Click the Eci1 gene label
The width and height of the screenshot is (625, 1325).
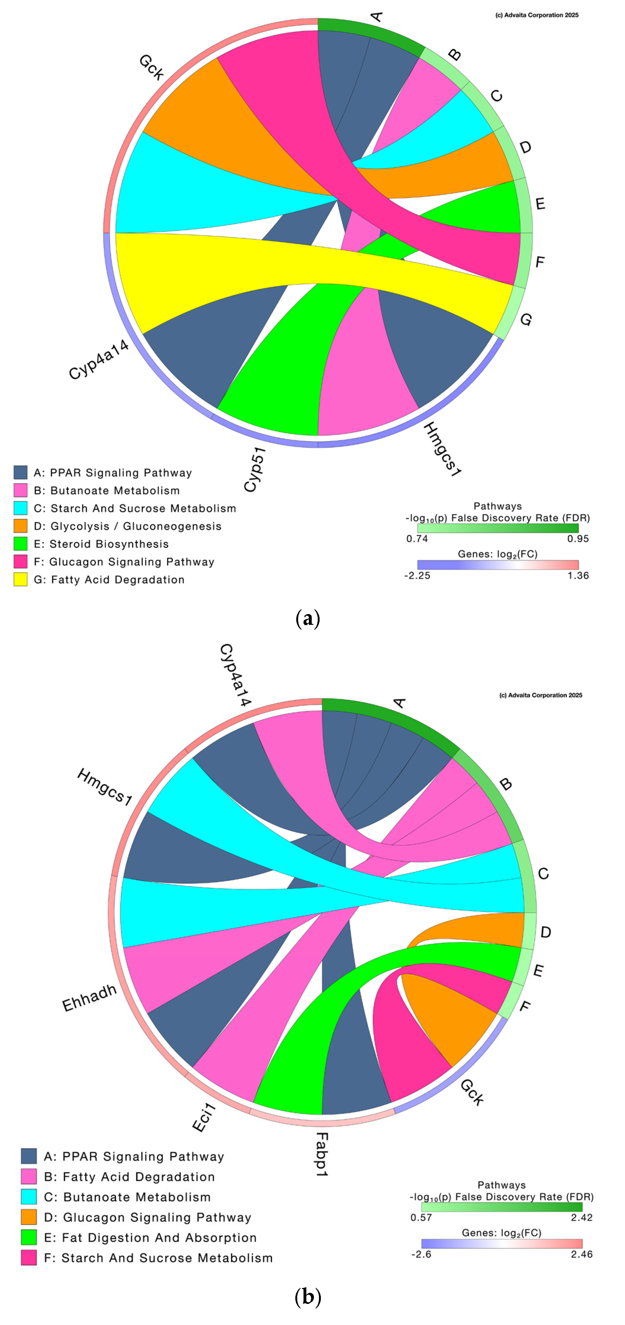204,1117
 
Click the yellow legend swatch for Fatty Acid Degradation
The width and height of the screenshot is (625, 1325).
20,580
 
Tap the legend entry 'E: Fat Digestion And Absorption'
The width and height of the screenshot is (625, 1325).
150,1238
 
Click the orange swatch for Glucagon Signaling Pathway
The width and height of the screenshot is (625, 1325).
29,1217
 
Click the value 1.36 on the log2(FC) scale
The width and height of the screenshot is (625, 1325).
578,576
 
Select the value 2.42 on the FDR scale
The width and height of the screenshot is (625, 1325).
582,1217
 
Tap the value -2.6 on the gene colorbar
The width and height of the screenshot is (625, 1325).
421,1254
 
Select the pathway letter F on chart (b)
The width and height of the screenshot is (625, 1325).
525,1006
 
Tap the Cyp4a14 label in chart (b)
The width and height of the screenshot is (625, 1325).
235,674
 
